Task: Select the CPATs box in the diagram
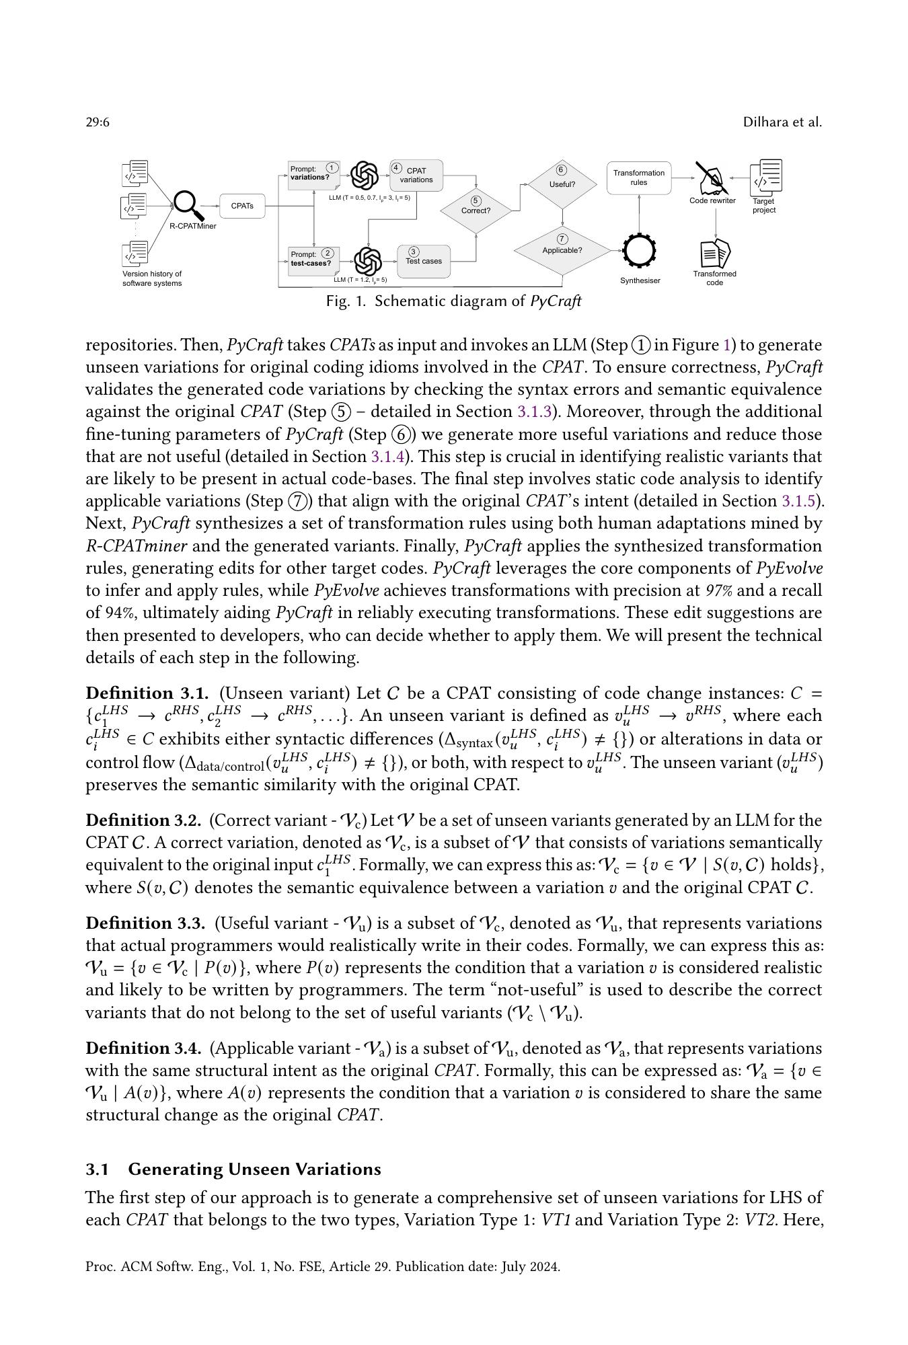click(242, 206)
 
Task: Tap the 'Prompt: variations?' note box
click(313, 173)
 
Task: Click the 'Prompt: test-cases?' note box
click(313, 259)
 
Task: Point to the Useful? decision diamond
click(562, 184)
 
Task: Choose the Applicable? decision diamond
click(562, 249)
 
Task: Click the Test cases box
click(424, 261)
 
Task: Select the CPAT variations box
click(416, 175)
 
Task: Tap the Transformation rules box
click(638, 178)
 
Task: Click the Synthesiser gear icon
click(639, 251)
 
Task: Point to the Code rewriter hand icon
click(712, 178)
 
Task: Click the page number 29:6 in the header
click(98, 122)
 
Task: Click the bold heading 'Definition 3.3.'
click(143, 923)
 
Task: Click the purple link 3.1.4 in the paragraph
click(387, 457)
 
